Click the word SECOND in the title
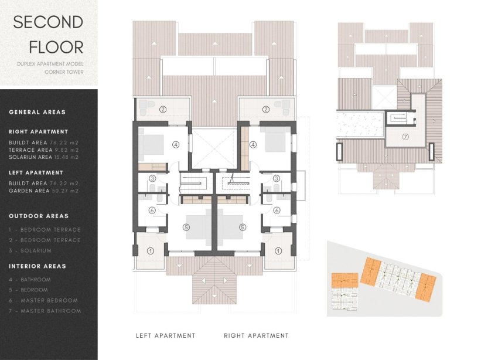point(48,22)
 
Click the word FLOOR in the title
point(48,46)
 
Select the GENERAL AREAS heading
point(37,112)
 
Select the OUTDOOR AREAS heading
point(39,216)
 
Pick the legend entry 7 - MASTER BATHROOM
point(45,311)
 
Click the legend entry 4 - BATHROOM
point(30,280)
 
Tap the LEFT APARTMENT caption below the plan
point(165,336)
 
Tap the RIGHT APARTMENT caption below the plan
point(256,336)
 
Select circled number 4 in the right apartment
point(253,144)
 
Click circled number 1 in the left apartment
point(151,250)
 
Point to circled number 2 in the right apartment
point(266,108)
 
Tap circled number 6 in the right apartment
point(277,210)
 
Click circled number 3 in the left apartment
point(152,178)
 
